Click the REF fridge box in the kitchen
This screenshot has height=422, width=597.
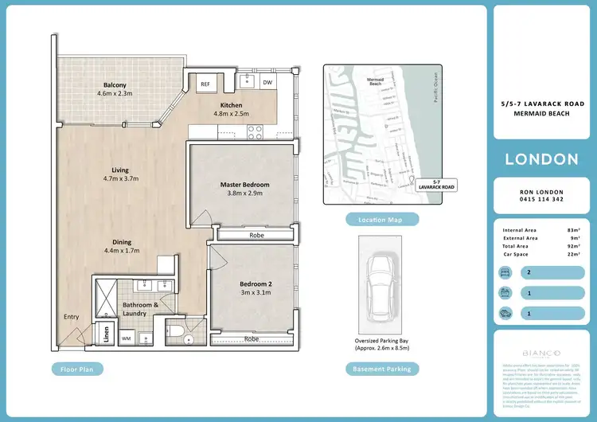[205, 84]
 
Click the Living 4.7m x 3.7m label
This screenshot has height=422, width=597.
[120, 170]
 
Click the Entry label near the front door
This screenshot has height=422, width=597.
[72, 318]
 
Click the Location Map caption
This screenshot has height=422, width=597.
[377, 219]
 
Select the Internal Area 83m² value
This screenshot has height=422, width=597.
[572, 230]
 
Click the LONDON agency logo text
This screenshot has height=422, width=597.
[541, 159]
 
